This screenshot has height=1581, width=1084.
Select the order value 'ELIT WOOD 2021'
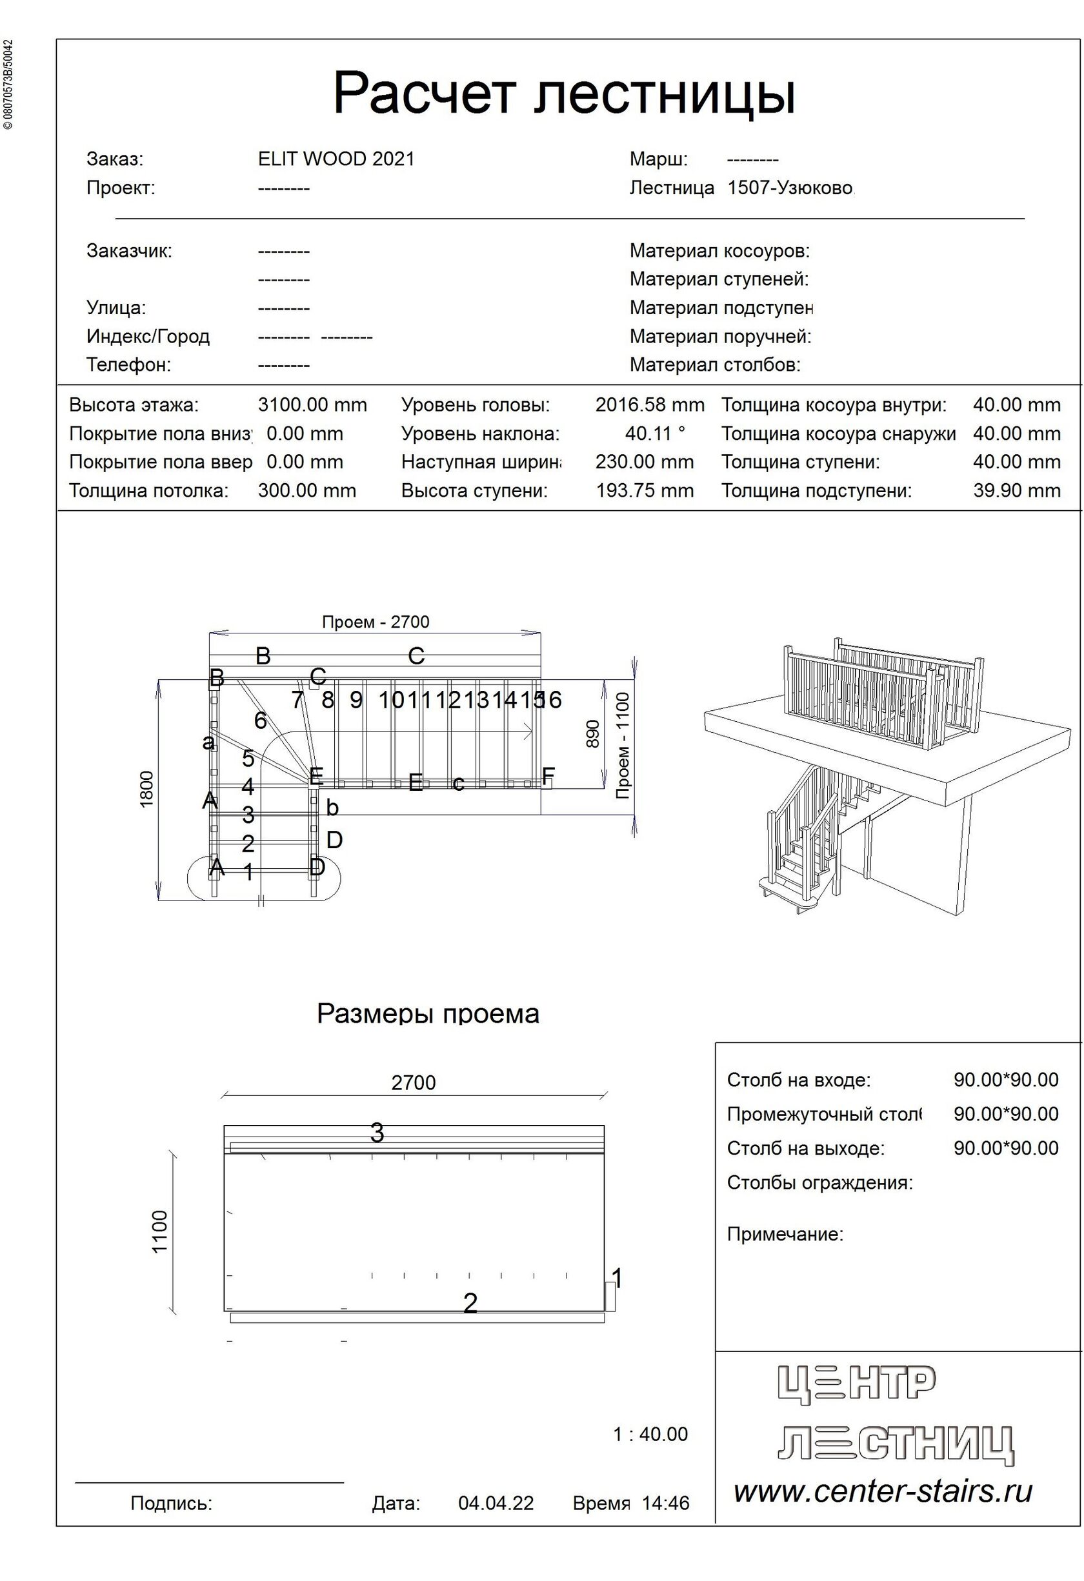[336, 159]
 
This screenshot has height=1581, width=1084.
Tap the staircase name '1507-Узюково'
[789, 188]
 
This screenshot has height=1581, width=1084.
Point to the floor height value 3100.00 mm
[312, 406]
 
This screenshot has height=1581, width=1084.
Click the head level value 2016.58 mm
[649, 406]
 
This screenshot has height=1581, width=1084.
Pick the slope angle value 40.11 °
[655, 433]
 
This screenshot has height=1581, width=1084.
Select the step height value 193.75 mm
[645, 490]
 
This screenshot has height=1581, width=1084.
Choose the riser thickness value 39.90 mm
[1016, 490]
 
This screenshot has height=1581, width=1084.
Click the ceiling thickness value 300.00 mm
[306, 490]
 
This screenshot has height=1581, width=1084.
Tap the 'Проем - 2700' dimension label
[375, 622]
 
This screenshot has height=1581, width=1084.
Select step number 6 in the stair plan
[260, 721]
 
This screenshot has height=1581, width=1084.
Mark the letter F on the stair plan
[548, 775]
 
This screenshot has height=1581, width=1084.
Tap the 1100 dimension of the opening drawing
[160, 1231]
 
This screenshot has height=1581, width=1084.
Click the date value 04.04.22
[496, 1503]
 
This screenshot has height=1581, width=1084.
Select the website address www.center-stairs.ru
[883, 1491]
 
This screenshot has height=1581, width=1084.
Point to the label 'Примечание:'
[785, 1234]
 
